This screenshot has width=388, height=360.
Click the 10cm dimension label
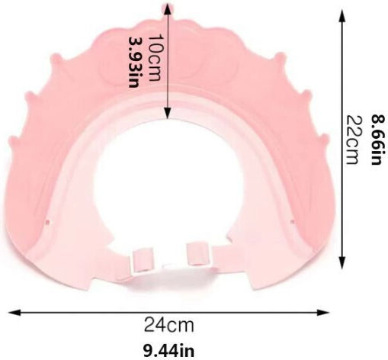tap(154, 58)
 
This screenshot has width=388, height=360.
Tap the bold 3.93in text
tap(135, 63)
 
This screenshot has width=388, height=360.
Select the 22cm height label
tap(352, 140)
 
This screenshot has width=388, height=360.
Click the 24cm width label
tap(169, 325)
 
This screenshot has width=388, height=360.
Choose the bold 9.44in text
tap(169, 351)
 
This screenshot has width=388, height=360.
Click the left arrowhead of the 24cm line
tap(14, 313)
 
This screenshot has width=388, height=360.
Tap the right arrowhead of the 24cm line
tap(324, 313)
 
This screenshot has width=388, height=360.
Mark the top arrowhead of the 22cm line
tap(342, 16)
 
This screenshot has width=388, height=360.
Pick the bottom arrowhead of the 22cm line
tap(342, 262)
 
